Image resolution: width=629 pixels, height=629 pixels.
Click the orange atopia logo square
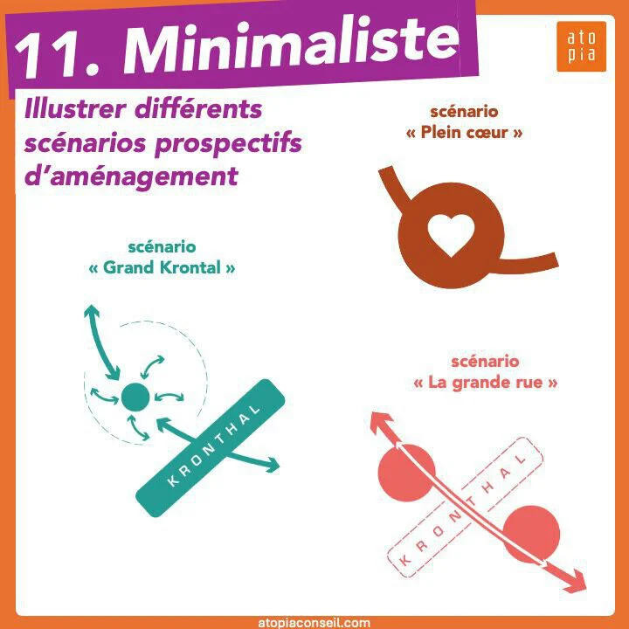pyautogui.click(x=581, y=46)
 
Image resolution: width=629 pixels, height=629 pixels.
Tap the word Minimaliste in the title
pyautogui.click(x=291, y=45)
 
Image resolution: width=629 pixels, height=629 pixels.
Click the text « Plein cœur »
pyautogui.click(x=464, y=133)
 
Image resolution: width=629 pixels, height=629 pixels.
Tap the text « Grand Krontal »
pyautogui.click(x=162, y=267)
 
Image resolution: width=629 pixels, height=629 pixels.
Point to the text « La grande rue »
pyautogui.click(x=486, y=383)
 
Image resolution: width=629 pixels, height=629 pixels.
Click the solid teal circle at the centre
pyautogui.click(x=135, y=397)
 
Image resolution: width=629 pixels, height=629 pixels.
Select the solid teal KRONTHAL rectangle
pyautogui.click(x=211, y=447)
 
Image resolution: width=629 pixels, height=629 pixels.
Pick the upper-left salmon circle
pyautogui.click(x=407, y=473)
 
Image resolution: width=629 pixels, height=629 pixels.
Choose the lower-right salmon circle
pyautogui.click(x=531, y=535)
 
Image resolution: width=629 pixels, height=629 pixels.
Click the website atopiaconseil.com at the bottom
pyautogui.click(x=314, y=623)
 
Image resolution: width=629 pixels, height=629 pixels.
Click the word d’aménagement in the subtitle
pyautogui.click(x=132, y=176)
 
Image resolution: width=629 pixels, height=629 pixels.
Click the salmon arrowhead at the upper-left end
pyautogui.click(x=379, y=423)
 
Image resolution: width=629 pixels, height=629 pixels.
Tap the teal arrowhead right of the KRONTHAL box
pyautogui.click(x=271, y=465)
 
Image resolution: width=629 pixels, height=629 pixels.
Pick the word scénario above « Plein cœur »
pyautogui.click(x=464, y=112)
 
